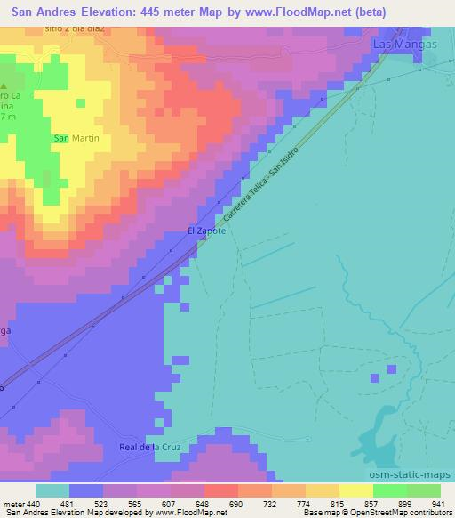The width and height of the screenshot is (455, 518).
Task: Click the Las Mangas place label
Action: pyautogui.click(x=397, y=42)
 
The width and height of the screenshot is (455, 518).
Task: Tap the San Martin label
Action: pyautogui.click(x=76, y=138)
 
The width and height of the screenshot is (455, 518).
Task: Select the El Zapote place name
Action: pyautogui.click(x=206, y=231)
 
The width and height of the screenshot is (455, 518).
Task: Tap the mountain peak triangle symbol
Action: pyautogui.click(x=3, y=86)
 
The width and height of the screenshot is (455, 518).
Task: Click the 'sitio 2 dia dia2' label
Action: pyautogui.click(x=75, y=28)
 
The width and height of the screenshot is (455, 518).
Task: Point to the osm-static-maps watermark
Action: pyautogui.click(x=418, y=474)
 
